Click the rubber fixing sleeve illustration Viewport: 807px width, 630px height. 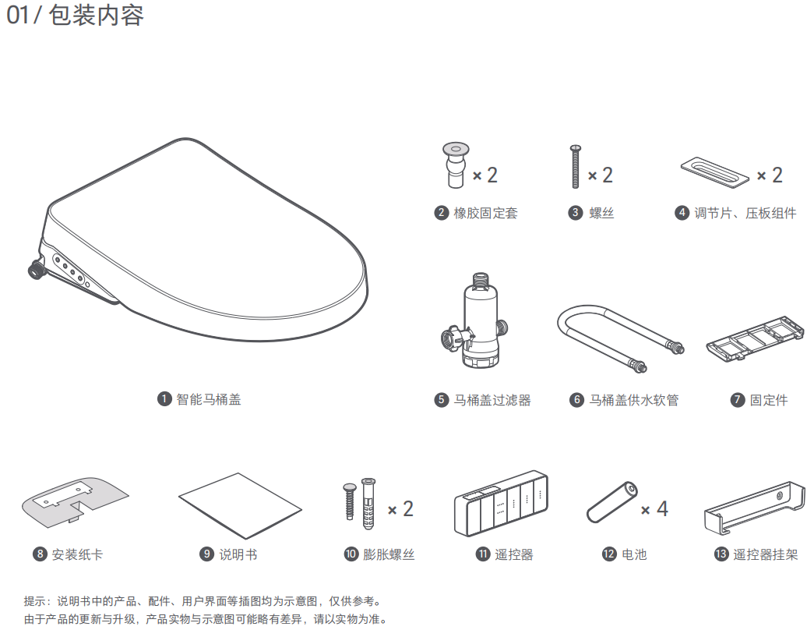(456, 165)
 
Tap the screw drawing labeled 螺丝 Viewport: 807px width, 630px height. (576, 166)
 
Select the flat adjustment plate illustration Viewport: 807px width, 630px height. (715, 171)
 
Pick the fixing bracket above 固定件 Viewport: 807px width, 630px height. (755, 338)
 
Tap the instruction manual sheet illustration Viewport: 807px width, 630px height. (240, 506)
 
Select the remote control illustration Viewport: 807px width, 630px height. (501, 502)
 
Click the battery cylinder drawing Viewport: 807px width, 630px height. (612, 502)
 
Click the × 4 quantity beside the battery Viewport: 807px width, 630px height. (654, 509)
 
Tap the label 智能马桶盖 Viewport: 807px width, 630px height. (209, 399)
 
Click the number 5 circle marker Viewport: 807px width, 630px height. (441, 400)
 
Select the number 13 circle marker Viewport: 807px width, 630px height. (721, 554)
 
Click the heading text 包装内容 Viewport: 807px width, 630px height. (97, 15)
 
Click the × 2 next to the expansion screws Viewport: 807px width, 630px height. (400, 509)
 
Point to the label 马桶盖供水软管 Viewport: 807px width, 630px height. (633, 400)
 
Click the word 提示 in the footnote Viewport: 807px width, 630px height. (34, 600)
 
